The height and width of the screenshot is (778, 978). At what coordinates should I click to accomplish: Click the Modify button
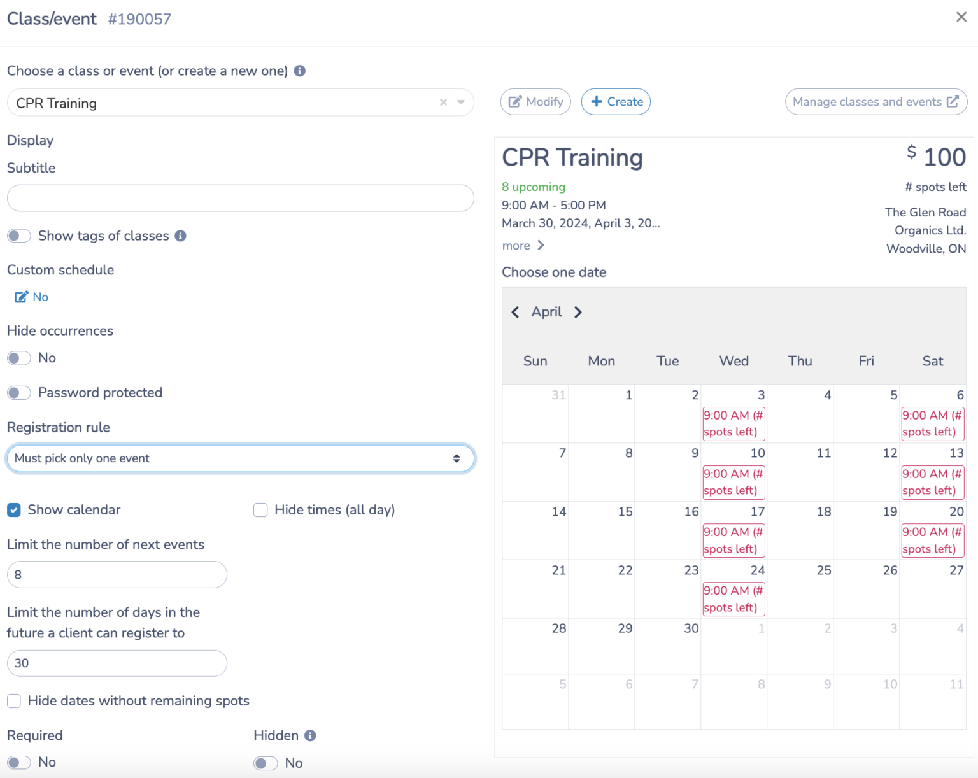(535, 102)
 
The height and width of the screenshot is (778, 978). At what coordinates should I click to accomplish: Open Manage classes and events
(875, 102)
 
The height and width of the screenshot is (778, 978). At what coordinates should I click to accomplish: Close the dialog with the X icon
(961, 17)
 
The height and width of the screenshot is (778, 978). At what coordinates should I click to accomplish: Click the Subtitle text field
(240, 198)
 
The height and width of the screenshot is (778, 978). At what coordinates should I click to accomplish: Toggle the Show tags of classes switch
(19, 236)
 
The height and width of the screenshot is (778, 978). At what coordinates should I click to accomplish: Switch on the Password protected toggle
(19, 393)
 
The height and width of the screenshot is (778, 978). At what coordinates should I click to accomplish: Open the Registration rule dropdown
(240, 458)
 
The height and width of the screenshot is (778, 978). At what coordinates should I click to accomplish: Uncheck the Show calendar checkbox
(14, 510)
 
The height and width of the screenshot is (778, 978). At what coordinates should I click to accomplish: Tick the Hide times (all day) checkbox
(260, 510)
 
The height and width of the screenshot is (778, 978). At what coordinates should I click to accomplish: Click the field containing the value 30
(117, 663)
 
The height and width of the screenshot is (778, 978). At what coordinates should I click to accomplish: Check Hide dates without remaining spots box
(14, 701)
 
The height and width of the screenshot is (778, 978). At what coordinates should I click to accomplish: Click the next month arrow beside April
(578, 312)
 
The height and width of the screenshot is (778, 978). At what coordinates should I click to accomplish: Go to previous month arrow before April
(515, 312)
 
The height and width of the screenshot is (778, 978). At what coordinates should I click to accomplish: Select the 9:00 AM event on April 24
(733, 599)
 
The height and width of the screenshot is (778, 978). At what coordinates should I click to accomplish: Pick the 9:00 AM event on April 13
(932, 482)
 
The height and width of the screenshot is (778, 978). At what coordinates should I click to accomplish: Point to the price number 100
(944, 157)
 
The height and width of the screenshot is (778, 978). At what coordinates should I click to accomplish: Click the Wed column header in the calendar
(733, 361)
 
